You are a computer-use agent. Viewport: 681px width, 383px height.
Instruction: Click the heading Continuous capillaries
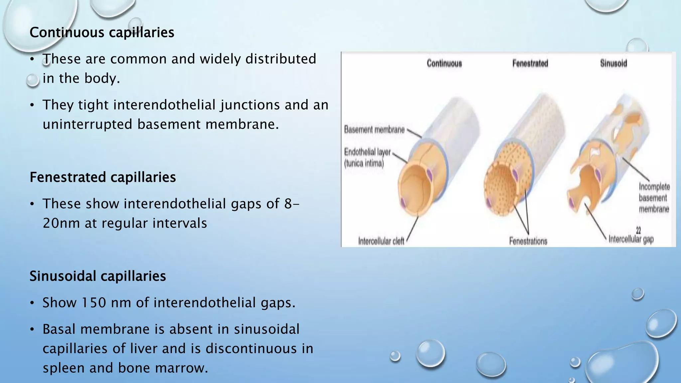pyautogui.click(x=102, y=33)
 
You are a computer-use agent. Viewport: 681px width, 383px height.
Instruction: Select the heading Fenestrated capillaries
pyautogui.click(x=102, y=177)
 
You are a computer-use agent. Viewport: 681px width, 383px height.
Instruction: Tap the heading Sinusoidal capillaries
pyautogui.click(x=97, y=276)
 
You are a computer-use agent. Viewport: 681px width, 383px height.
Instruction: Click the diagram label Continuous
pyautogui.click(x=444, y=63)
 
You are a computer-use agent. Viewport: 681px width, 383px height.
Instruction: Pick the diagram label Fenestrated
pyautogui.click(x=530, y=63)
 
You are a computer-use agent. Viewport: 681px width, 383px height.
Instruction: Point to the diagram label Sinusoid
pyautogui.click(x=613, y=63)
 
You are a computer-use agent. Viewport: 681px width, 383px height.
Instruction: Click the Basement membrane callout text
pyautogui.click(x=374, y=129)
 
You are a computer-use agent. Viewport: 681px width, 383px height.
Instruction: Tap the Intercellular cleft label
pyautogui.click(x=381, y=241)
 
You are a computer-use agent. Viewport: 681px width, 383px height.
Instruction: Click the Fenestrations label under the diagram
pyautogui.click(x=528, y=241)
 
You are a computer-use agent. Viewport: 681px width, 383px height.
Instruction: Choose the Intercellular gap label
pyautogui.click(x=631, y=239)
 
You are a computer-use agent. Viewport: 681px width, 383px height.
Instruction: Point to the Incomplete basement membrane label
pyautogui.click(x=654, y=198)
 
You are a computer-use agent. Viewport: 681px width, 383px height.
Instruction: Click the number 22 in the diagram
pyautogui.click(x=638, y=230)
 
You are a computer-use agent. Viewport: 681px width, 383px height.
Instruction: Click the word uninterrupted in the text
pyautogui.click(x=87, y=125)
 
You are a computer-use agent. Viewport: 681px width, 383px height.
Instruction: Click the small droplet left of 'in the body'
pyautogui.click(x=33, y=80)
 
